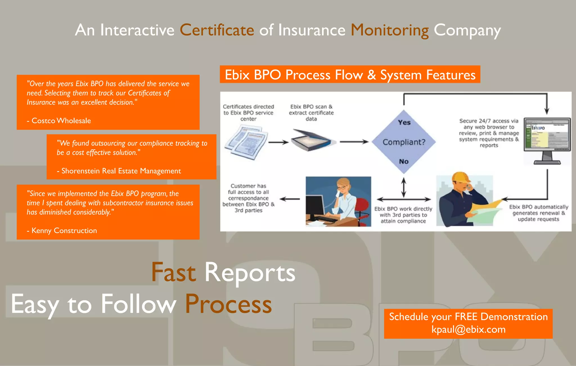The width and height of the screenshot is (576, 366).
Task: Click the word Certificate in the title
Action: click(x=217, y=30)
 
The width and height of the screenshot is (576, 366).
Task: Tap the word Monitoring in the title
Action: click(x=390, y=30)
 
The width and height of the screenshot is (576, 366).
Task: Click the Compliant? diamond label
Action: click(x=404, y=142)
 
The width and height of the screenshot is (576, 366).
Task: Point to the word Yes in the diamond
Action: click(x=404, y=122)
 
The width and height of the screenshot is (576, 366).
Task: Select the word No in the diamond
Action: click(x=404, y=162)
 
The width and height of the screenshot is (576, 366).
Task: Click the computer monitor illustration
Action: click(x=547, y=140)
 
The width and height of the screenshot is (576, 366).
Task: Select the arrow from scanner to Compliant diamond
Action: click(x=354, y=142)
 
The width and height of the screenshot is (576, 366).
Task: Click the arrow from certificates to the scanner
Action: click(x=278, y=142)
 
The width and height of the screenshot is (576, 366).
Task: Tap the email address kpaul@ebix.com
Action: click(x=469, y=329)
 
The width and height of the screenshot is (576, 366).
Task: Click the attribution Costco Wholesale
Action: click(x=61, y=121)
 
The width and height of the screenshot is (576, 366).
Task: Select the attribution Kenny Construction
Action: click(x=64, y=231)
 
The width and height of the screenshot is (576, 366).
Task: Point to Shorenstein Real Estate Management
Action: click(x=121, y=171)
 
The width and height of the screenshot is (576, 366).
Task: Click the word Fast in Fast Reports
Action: click(x=173, y=272)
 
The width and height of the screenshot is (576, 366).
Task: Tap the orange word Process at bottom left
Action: click(x=228, y=304)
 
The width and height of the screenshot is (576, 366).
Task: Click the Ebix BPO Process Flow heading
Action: click(x=350, y=75)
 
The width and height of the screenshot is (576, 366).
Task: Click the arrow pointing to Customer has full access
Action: click(x=290, y=199)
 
